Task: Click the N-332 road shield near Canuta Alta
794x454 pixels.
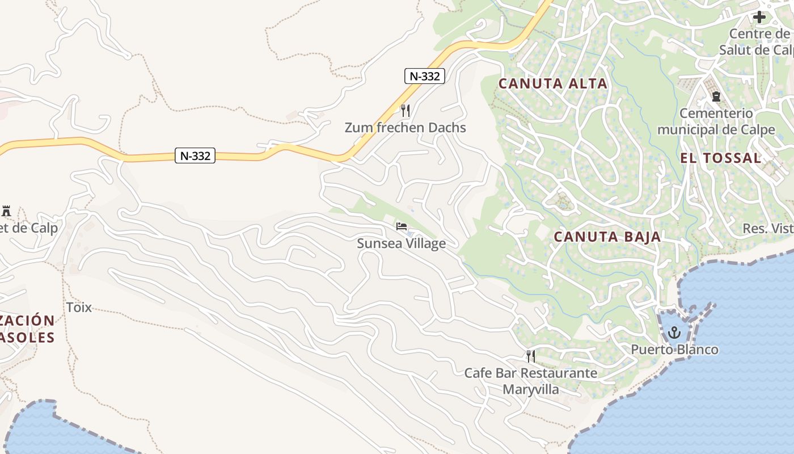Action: pyautogui.click(x=424, y=76)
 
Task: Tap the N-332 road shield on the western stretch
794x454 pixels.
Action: pyautogui.click(x=195, y=155)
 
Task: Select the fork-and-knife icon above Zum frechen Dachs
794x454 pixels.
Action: pyautogui.click(x=405, y=110)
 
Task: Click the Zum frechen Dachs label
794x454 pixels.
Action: pyautogui.click(x=405, y=128)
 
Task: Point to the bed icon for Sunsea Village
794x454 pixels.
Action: pyautogui.click(x=402, y=227)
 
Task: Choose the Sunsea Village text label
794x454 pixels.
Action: pyautogui.click(x=401, y=243)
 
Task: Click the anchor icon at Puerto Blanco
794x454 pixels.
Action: pyautogui.click(x=674, y=333)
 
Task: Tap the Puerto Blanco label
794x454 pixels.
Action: pyautogui.click(x=674, y=350)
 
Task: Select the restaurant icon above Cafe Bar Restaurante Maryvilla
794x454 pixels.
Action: pyautogui.click(x=530, y=356)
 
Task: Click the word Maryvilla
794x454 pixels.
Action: pyautogui.click(x=530, y=389)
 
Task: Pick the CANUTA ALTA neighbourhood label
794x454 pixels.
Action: pyautogui.click(x=552, y=84)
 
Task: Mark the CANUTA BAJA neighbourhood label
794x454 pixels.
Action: pyautogui.click(x=607, y=237)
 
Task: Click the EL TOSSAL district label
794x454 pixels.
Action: pyautogui.click(x=720, y=158)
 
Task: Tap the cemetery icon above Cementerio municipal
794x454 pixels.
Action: pyautogui.click(x=716, y=96)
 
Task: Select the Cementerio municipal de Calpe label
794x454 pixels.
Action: pyautogui.click(x=716, y=121)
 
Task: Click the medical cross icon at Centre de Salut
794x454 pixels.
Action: pyautogui.click(x=759, y=17)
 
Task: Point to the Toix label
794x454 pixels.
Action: pyautogui.click(x=79, y=308)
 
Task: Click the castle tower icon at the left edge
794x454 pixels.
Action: pyautogui.click(x=6, y=211)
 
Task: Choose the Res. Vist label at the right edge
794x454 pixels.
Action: pyautogui.click(x=768, y=229)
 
